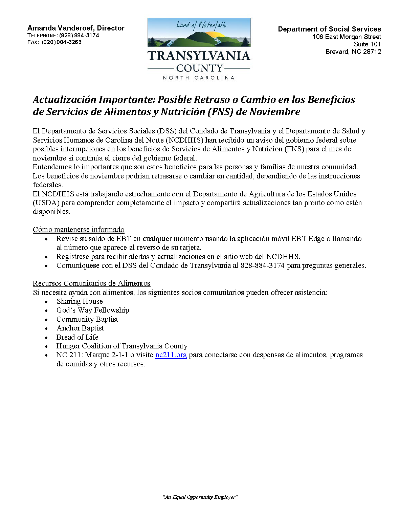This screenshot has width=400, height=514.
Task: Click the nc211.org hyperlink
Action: point(171,355)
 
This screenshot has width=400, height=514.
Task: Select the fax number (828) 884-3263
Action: point(62,42)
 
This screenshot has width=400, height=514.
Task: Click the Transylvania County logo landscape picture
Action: point(199,33)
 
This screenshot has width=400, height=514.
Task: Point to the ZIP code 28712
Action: point(372,52)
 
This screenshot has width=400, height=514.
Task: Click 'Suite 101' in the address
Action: point(367,44)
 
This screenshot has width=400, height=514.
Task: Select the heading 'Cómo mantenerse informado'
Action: point(79,230)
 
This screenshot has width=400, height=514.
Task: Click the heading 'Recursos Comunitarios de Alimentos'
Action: point(91,283)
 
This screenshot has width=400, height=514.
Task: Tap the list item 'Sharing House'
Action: point(80,301)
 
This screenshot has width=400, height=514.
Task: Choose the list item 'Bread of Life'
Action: point(77,337)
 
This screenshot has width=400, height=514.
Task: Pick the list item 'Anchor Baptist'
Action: point(80,328)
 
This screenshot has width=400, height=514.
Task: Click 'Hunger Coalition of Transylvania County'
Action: point(122,346)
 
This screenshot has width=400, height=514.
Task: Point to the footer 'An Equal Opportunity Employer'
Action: point(200,497)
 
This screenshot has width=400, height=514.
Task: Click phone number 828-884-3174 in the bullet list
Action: point(262,265)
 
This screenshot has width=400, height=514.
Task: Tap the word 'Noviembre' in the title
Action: point(275,112)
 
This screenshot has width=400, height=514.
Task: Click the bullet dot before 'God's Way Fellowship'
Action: point(46,310)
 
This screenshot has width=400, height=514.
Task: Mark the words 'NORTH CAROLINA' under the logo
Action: point(199,78)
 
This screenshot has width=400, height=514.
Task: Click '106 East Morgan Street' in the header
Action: point(347,37)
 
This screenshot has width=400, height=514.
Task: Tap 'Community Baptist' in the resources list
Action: point(87,319)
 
